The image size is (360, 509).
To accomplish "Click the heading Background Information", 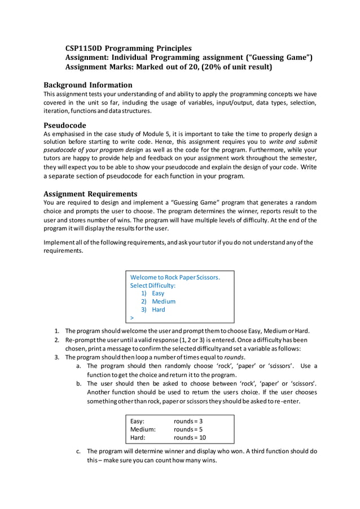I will point(88,85).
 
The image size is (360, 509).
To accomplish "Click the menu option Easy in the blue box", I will point(158,293).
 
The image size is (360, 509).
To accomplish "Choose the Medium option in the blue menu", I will point(163,301).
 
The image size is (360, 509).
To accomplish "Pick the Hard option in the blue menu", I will point(159,309).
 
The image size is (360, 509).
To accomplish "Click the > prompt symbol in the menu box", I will point(132,318).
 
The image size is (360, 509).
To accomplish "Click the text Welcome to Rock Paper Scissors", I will point(175,278).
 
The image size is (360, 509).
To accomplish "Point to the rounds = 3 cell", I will point(188,422).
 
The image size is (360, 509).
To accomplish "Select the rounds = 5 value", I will point(188,429).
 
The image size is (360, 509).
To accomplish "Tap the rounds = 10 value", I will point(190,437).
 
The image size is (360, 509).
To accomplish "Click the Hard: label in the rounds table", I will point(138,437).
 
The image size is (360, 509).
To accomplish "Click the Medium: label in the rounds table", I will point(143,429).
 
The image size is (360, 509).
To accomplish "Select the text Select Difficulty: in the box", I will point(153,286).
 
